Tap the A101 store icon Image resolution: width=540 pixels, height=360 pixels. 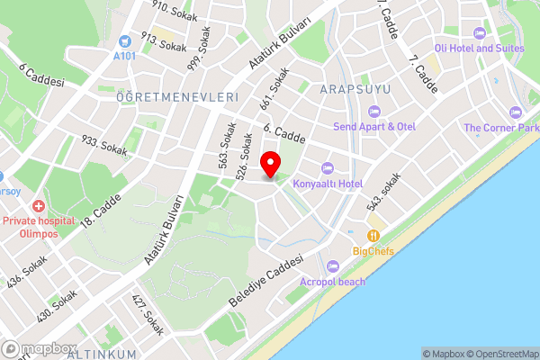[124, 40]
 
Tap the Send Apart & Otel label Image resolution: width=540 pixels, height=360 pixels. [373, 126]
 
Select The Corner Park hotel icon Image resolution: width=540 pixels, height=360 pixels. [515, 112]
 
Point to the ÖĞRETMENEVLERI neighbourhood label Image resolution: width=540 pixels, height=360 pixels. [176, 96]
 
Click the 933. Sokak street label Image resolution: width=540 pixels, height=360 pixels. [104, 147]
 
